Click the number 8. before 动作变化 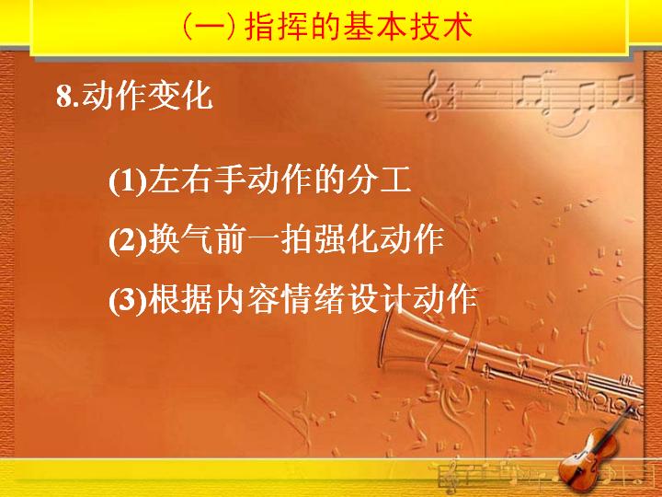[x=67, y=97]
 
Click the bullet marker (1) [x=128, y=181]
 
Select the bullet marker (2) [x=128, y=241]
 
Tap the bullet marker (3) [x=128, y=300]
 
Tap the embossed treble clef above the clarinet [x=431, y=95]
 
